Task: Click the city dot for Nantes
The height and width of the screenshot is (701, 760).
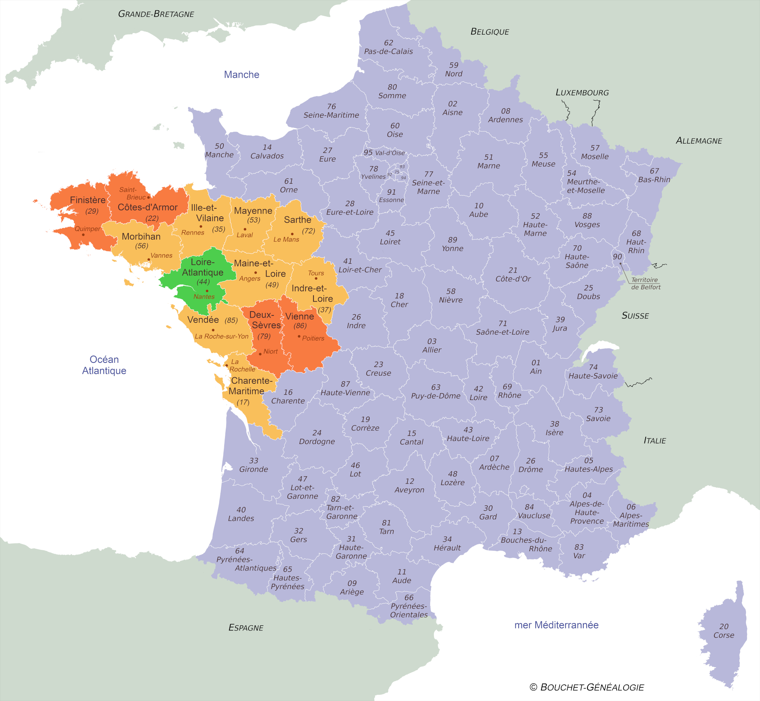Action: coord(207,291)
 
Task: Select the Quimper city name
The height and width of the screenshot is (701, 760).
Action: coord(87,228)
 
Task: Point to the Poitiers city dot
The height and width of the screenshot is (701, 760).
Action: coord(299,336)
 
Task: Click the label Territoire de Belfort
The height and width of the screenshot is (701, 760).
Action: coord(645,284)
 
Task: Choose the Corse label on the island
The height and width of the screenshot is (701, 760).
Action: coord(724,635)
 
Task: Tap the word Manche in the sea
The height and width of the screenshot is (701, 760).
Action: coord(241,74)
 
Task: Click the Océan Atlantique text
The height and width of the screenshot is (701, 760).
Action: coord(104,365)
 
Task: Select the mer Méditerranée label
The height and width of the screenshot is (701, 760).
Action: coord(556,625)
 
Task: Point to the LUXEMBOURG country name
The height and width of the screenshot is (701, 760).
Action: coord(582,93)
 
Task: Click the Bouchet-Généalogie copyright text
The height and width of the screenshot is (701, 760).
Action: coord(587,687)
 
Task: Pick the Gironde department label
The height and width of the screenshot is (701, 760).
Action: coord(253,469)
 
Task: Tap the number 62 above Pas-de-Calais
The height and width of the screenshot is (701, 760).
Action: coord(388,43)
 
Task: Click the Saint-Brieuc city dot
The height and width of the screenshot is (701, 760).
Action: coord(149,197)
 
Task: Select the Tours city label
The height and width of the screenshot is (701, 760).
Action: coord(316,273)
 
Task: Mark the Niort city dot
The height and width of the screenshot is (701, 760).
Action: coord(260,354)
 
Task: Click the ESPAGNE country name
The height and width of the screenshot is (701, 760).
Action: coord(246,627)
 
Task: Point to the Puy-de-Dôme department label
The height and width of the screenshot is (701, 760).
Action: coord(435,396)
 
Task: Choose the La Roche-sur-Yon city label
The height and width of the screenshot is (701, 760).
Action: coord(222,336)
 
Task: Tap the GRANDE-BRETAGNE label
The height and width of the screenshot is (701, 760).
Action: coord(156,14)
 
